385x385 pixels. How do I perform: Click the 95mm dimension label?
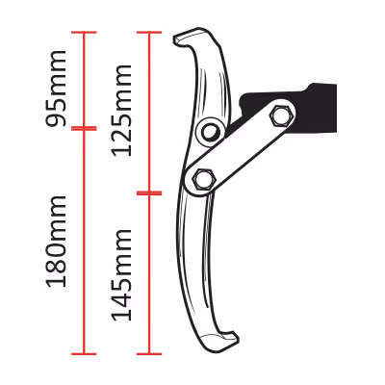pyautogui.click(x=57, y=89)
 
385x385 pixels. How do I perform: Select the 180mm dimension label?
pyautogui.click(x=57, y=242)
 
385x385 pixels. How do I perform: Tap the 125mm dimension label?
pyautogui.click(x=121, y=111)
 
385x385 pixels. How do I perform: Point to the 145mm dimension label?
pyautogui.click(x=121, y=274)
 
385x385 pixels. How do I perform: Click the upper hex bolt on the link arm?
pyautogui.click(x=283, y=115)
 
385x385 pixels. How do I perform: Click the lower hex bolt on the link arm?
pyautogui.click(x=202, y=179)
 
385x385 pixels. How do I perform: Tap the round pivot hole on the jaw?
pyautogui.click(x=210, y=131)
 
